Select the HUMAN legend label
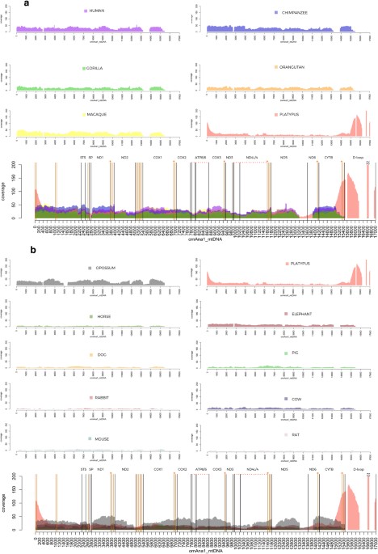(101, 11)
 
